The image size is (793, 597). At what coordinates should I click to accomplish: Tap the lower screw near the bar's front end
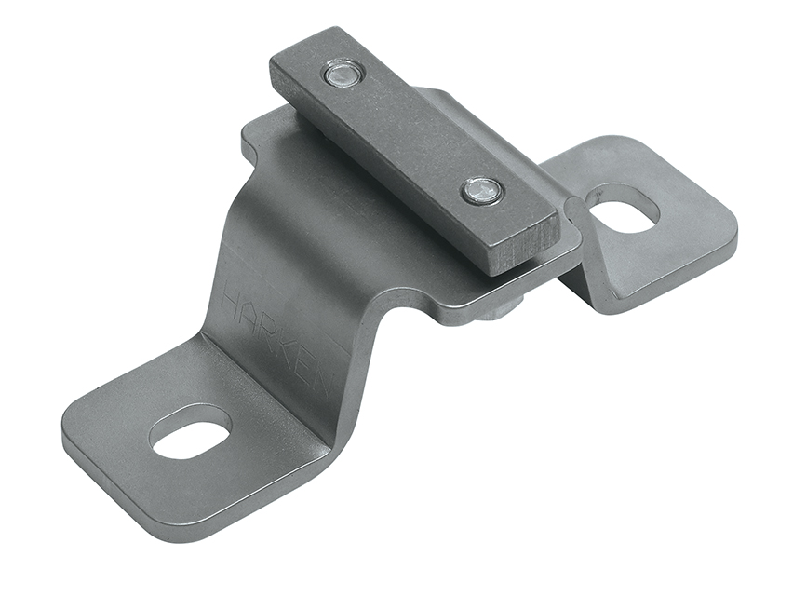tap(482, 191)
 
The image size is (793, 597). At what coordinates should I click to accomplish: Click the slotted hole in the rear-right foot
tap(624, 210)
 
